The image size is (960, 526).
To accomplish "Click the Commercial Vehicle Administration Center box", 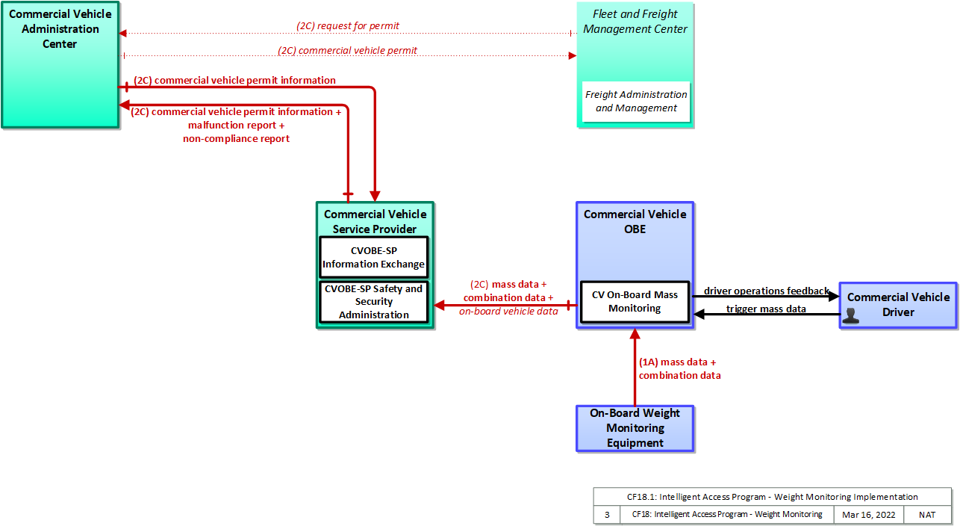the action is (x=60, y=65).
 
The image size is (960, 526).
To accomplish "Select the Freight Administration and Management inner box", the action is (x=636, y=102).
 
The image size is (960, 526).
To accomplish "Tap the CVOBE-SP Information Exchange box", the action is (x=374, y=257).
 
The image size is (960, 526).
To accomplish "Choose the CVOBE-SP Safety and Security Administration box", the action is (x=374, y=302).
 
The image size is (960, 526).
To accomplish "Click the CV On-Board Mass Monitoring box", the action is (x=635, y=302).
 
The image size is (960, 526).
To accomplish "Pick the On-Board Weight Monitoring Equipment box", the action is (x=635, y=428).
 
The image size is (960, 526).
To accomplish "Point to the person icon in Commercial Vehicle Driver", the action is (x=851, y=315).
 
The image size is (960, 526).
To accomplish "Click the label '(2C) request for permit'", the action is (x=348, y=25).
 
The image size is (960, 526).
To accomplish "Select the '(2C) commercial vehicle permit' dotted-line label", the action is (x=347, y=50).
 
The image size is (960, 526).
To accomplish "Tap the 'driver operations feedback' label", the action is (x=767, y=291).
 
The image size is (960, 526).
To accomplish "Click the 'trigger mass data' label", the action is (x=766, y=309).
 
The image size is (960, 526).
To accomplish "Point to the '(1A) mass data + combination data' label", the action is (x=680, y=368).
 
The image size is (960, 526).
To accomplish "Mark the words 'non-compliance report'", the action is (x=236, y=138).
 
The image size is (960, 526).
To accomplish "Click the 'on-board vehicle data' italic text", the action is (x=508, y=311).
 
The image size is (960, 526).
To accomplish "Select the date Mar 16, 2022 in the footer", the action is (x=869, y=514).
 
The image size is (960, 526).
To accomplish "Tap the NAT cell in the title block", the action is (x=927, y=514).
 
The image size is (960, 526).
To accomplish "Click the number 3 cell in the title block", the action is (x=607, y=514).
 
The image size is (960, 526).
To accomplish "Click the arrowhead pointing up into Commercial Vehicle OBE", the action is (x=635, y=334).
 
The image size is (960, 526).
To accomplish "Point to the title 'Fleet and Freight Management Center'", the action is (x=635, y=22).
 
